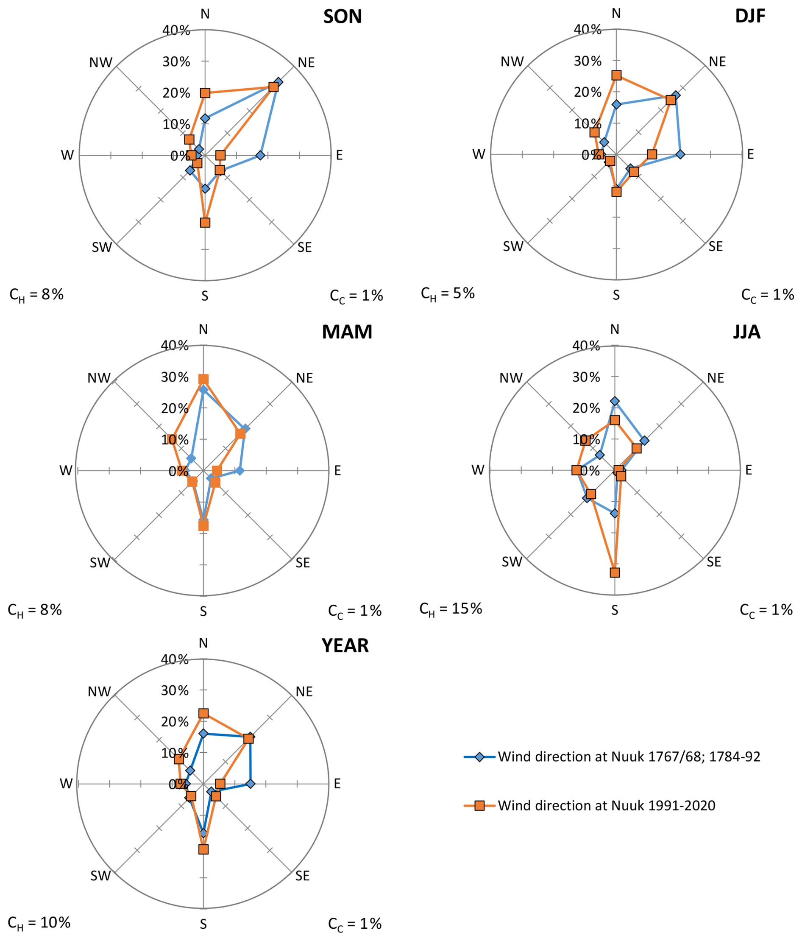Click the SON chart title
click(342, 17)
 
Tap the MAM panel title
click(347, 332)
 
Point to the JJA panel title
click(746, 332)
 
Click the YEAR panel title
click(345, 646)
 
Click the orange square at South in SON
click(205, 223)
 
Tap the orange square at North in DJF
click(616, 75)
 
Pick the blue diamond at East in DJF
click(680, 154)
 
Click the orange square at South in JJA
click(615, 572)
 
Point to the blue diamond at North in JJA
click(615, 401)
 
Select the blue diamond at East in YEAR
click(250, 784)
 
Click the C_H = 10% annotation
click(39, 923)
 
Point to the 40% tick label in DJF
click(588, 30)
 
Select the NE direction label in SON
click(306, 63)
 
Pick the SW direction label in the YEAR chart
click(100, 876)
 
